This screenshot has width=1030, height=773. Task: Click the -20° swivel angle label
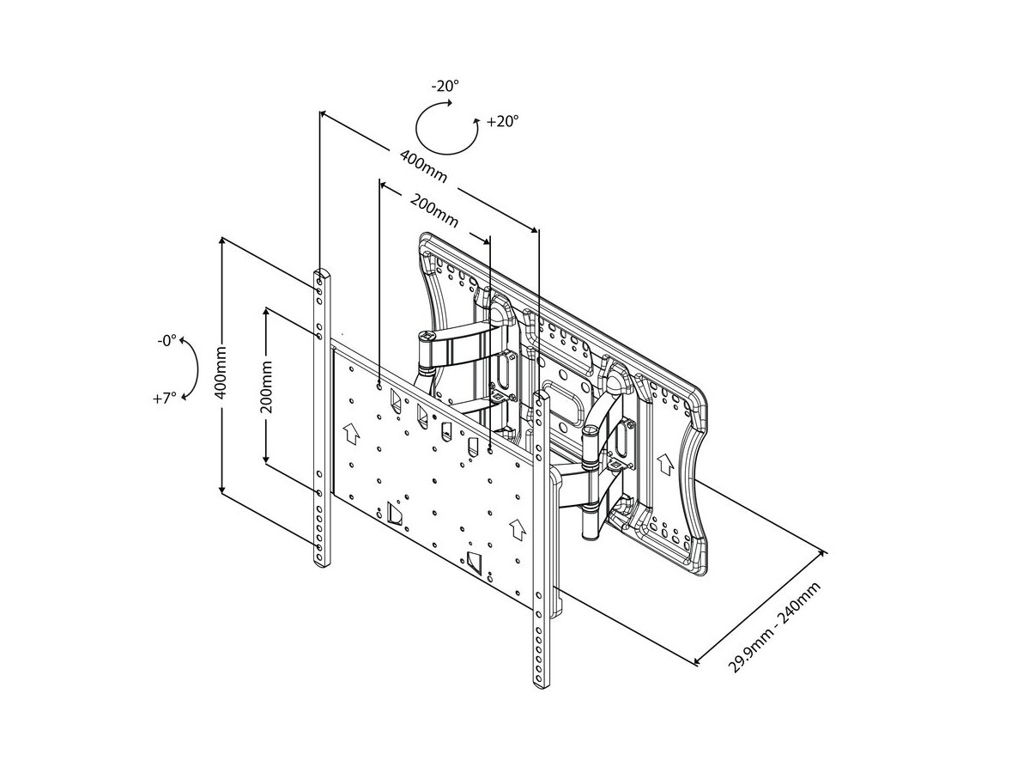446,86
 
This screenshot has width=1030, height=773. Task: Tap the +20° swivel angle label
503,122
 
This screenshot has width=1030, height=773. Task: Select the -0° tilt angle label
167,340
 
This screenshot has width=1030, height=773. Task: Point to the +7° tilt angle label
167,398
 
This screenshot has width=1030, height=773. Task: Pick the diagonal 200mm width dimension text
433,211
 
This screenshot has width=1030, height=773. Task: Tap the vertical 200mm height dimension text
266,387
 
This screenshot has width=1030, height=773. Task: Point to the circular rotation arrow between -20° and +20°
446,129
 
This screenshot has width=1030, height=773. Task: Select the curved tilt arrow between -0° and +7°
192,369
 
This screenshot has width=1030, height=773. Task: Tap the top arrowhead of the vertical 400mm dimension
222,242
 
